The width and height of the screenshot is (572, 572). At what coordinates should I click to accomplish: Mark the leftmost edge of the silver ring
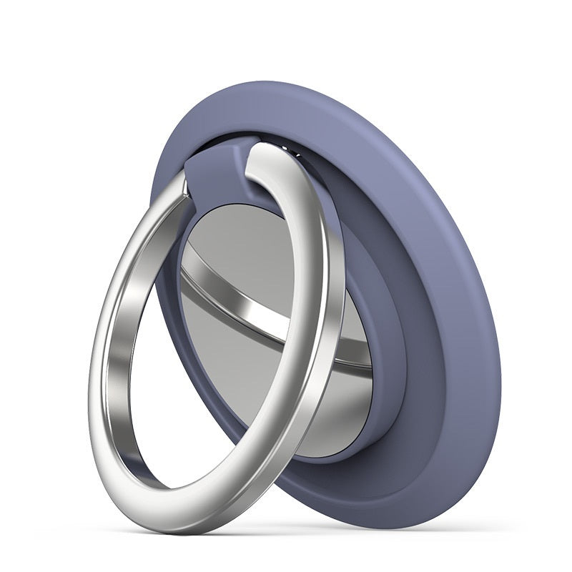92,372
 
